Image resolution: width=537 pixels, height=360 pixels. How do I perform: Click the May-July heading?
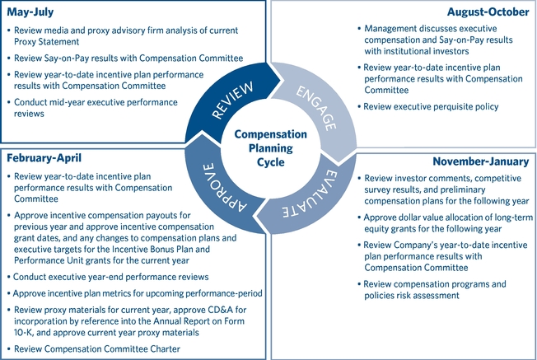(31, 12)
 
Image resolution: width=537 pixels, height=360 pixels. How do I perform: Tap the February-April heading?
(45, 157)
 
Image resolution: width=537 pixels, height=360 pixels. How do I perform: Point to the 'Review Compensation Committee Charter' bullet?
(98, 348)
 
